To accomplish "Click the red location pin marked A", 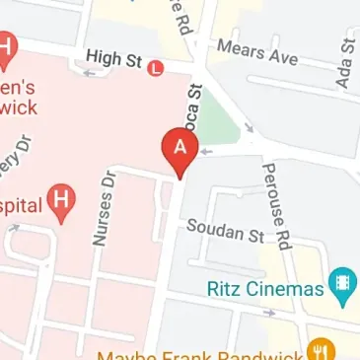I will [180, 151].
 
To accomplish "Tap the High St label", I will [114, 60].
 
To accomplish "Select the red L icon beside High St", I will [155, 68].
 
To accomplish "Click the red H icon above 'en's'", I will [8, 45].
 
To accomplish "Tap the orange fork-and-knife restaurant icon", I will [320, 349].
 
